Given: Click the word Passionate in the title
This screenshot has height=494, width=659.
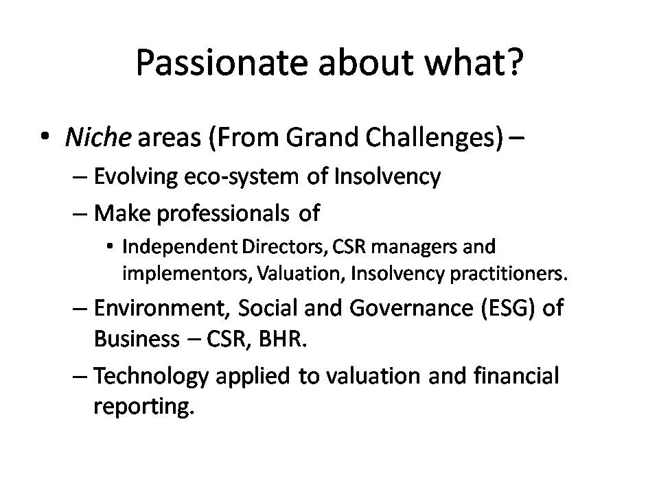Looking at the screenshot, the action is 222,62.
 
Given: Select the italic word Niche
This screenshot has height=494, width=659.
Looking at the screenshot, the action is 98,137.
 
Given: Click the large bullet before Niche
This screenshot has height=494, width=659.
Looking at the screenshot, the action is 45,137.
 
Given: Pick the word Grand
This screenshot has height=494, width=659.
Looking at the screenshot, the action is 322,137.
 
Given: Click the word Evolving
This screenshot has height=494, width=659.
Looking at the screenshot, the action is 135,176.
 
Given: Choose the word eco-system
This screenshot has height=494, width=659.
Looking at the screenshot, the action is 242,177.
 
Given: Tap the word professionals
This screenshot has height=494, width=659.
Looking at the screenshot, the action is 223,213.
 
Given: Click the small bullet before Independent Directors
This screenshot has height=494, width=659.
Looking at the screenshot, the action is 110,246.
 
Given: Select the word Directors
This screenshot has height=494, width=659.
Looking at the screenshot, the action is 284,246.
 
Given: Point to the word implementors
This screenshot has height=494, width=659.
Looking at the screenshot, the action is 187,274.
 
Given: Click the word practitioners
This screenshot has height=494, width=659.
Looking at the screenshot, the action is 509,274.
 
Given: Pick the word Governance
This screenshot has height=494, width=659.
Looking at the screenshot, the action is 411,308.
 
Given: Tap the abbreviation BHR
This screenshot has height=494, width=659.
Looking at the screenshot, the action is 282,339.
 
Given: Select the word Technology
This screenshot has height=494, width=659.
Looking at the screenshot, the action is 151,376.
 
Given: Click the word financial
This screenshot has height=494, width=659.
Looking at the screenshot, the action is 516,375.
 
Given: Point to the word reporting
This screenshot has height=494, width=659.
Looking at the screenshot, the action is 143,407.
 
